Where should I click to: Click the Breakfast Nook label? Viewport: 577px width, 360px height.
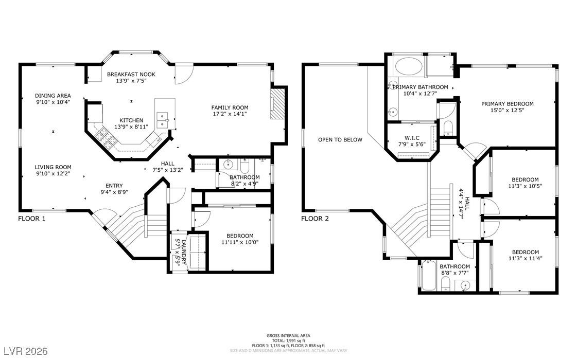pos(131,74)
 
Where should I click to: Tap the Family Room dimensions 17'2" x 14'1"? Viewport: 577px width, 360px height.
pos(230,114)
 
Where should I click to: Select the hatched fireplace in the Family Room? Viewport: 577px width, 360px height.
pos(278,104)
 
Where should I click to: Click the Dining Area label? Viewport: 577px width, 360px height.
pos(53,96)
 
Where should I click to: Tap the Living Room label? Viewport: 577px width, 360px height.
pos(53,167)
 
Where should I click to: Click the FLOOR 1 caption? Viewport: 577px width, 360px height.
pos(31,219)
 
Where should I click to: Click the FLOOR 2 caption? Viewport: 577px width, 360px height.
pos(314,219)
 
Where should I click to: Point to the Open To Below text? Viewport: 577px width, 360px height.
pos(340,140)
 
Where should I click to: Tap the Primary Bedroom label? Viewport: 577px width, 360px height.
pos(507,104)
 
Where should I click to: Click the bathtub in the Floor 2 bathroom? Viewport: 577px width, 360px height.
pos(429,276)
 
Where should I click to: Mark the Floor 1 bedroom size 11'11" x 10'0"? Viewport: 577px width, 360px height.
pos(240,242)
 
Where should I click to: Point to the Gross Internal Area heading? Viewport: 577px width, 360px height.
pos(288,335)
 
